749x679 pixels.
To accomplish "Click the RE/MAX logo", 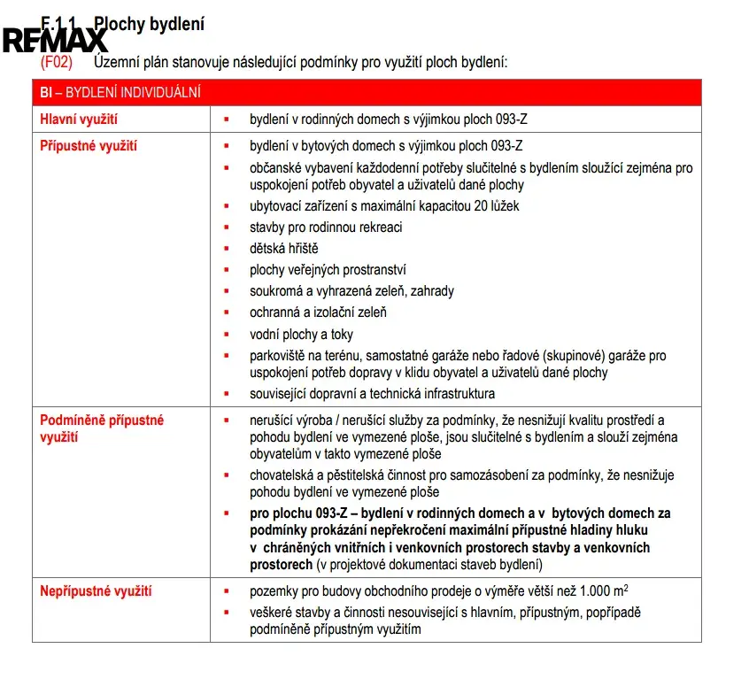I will [56, 40].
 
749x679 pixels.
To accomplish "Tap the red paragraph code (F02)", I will [56, 63].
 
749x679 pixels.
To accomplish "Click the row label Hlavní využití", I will [79, 119].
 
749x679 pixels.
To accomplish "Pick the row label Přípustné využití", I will [89, 146].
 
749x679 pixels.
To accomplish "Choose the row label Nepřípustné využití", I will [97, 591].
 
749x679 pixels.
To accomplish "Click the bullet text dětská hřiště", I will [283, 249].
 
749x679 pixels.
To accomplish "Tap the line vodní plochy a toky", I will [301, 334].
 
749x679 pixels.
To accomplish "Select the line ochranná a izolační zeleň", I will [318, 312].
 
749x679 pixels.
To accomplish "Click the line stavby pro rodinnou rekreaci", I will [326, 228].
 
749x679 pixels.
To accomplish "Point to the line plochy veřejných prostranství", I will [328, 270].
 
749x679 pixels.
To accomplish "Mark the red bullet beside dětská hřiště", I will [227, 250].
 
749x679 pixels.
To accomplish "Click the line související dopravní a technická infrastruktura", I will [372, 393].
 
